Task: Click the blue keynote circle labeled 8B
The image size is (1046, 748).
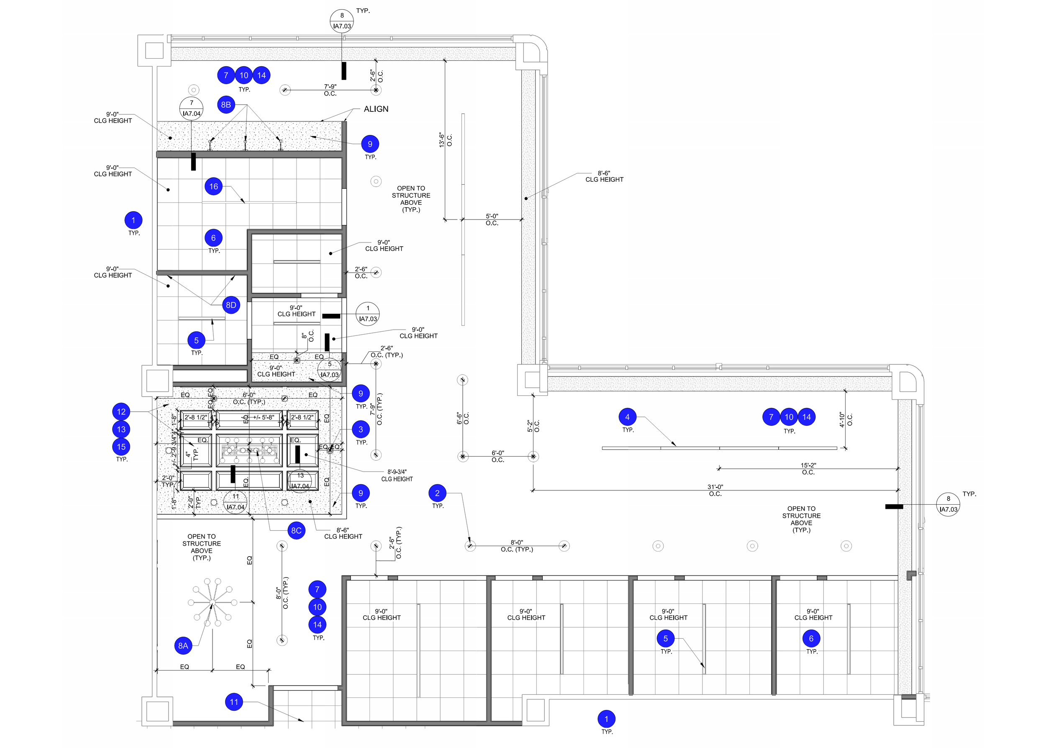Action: pos(226,105)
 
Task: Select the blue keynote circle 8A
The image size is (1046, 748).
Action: pos(183,645)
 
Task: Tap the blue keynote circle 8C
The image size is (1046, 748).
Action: pos(296,531)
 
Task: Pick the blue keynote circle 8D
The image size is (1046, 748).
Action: pos(231,305)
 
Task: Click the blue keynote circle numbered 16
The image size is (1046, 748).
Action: pos(213,186)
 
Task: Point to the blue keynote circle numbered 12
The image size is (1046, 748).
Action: pos(121,412)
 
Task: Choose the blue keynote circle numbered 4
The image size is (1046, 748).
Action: pos(627,417)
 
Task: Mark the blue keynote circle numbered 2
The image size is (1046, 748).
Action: pos(437,493)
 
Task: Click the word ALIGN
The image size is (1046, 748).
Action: pos(376,109)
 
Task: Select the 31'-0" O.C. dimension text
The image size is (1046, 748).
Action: pos(715,490)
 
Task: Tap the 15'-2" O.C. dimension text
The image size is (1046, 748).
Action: pos(808,469)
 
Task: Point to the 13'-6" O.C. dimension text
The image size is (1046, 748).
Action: pos(445,139)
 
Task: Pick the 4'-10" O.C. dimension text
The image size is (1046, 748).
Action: pos(845,420)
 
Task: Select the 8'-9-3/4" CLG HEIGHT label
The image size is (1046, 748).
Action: pos(397,475)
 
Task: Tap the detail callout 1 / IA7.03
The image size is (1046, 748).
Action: pos(368,314)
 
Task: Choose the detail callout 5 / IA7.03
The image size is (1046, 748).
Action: pos(330,370)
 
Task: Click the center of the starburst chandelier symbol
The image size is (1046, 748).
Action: pos(212,603)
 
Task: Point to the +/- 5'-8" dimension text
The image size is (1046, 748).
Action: pos(264,417)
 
